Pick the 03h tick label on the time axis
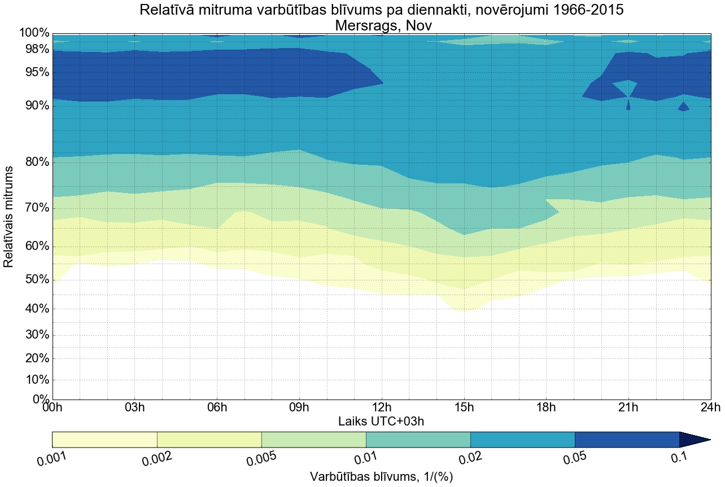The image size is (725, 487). (134, 408)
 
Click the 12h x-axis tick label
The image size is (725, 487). (382, 408)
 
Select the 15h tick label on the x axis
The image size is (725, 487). (464, 408)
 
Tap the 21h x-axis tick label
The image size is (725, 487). (628, 408)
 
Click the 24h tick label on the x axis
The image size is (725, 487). (710, 408)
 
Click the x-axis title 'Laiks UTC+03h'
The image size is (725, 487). (382, 421)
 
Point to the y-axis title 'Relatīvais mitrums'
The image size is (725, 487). (10, 217)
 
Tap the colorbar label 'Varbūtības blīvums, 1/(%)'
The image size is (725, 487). (382, 477)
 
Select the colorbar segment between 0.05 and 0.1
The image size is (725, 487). (627, 440)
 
